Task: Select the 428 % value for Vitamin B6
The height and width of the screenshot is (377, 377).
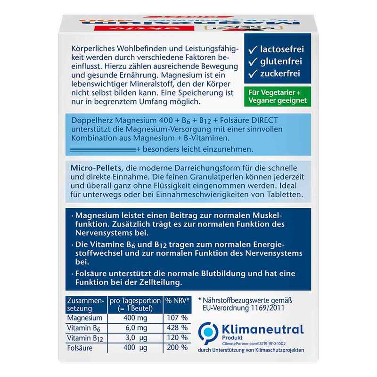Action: (177, 328)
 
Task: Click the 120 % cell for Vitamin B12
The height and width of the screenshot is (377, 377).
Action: (177, 337)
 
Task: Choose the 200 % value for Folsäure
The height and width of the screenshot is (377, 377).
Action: (177, 347)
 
